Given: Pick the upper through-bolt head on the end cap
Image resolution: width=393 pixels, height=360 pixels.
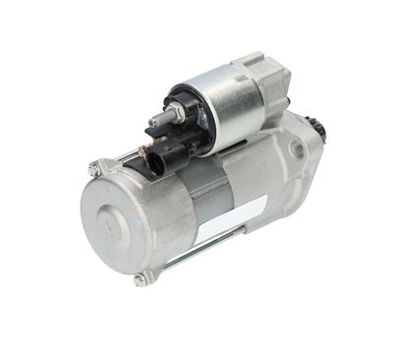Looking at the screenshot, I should coord(95,169).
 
